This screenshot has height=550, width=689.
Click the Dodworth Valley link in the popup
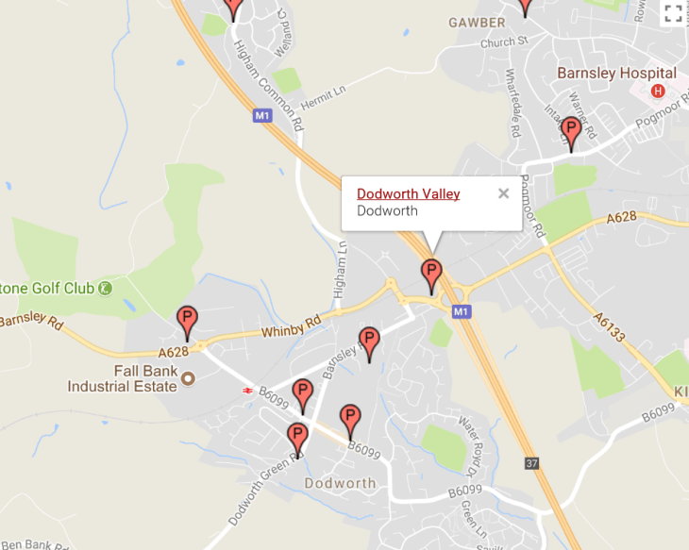coord(408,193)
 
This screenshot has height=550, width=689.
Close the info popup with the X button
coord(503,193)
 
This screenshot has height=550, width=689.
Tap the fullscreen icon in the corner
coord(673,12)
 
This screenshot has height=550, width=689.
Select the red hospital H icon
coord(659,92)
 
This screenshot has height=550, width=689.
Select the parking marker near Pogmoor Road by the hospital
coord(570,132)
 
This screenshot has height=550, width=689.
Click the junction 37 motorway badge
coord(533,463)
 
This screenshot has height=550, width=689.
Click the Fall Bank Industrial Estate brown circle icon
coord(187,378)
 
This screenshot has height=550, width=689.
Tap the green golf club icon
coord(106,288)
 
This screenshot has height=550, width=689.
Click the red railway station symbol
coord(247,389)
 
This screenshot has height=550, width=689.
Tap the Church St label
coord(503,42)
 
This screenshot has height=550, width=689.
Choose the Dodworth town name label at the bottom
coord(340,483)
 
